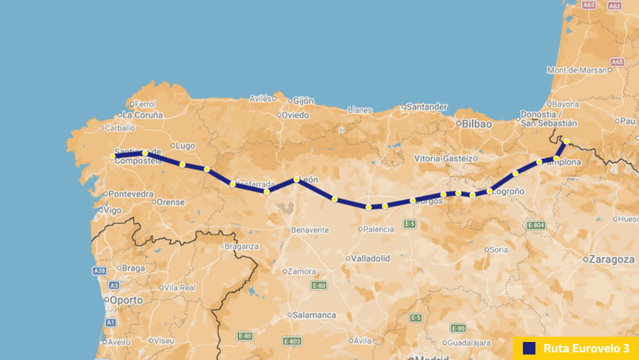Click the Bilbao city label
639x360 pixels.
point(476,123)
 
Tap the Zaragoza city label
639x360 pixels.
point(612,259)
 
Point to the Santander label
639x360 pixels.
point(426,107)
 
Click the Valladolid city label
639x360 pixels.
point(370,258)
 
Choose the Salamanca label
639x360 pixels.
point(314,315)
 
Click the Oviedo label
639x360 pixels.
point(294,115)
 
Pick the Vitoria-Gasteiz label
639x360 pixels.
point(443,158)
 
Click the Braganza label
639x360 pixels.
point(241,246)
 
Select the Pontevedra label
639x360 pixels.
point(131,193)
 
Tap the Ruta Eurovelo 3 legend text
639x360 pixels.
point(586,347)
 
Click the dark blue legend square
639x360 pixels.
point(529,347)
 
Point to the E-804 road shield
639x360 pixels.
point(536,225)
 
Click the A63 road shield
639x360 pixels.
point(589,5)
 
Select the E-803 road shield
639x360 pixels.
point(292,341)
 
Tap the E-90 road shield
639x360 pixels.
point(458,328)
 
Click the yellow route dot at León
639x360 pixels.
point(297,179)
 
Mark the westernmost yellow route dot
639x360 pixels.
point(113,156)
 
